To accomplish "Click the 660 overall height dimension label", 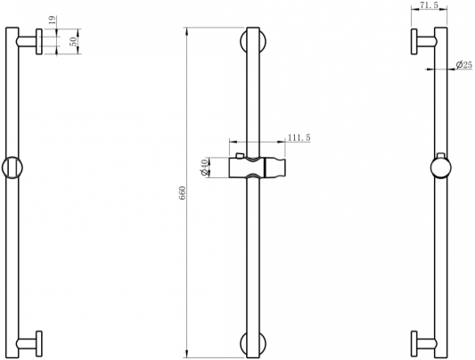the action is point(183,192).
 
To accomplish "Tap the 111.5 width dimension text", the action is point(299,138).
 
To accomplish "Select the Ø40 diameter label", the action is point(204,168).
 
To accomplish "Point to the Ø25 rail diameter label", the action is point(464,64).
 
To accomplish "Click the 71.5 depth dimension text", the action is point(428,5).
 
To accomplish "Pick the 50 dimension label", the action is point(74,42).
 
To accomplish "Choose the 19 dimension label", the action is point(53,20).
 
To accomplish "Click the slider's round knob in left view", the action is point(12,168).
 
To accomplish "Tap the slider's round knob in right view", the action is point(441,168).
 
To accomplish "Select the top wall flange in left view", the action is point(39,42).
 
